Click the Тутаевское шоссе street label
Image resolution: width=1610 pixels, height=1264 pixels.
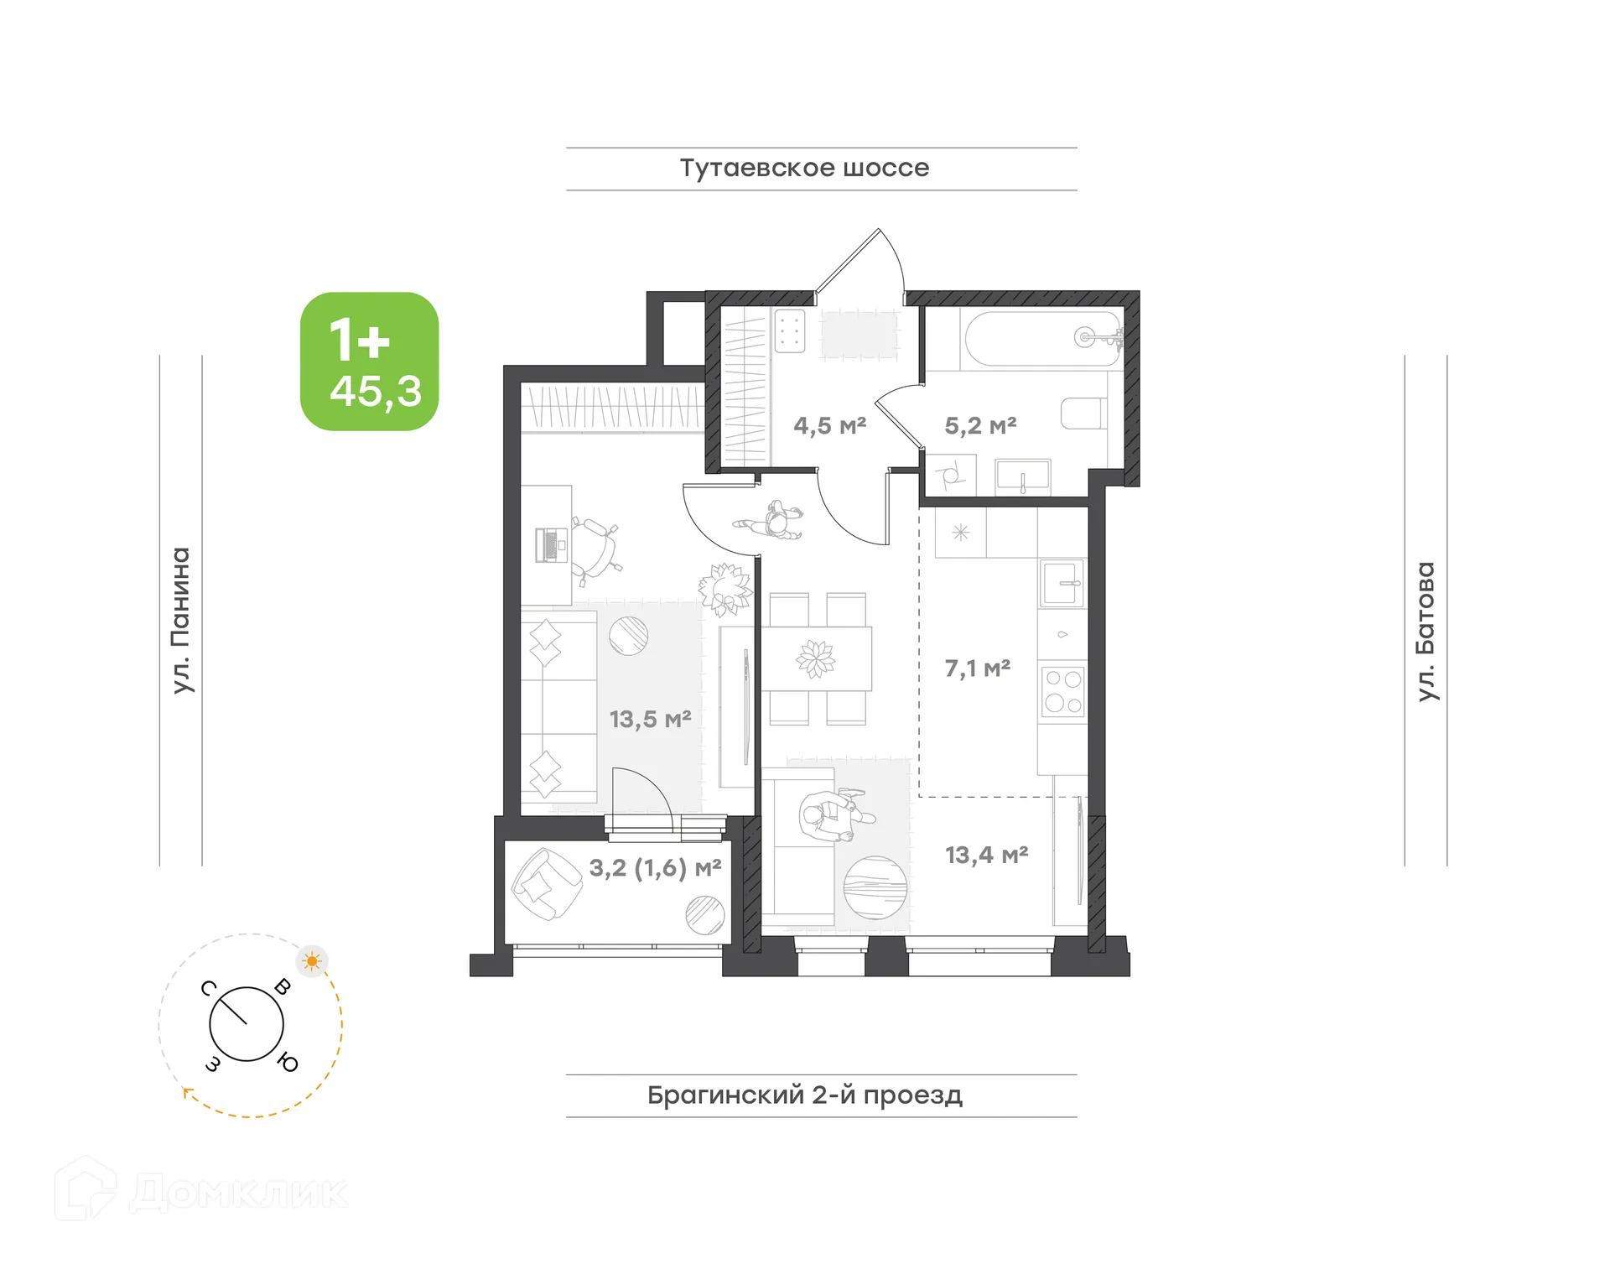click(x=804, y=169)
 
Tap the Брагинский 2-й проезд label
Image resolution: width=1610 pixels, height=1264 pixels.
click(x=804, y=1095)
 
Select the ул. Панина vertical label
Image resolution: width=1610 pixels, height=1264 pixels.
click(x=181, y=620)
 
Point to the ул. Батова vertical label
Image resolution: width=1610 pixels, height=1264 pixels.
click(x=1426, y=631)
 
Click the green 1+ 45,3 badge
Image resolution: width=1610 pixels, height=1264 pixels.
click(x=369, y=362)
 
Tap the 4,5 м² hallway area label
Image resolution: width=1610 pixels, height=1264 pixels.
click(x=829, y=426)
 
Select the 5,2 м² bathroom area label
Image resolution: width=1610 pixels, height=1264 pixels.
click(x=980, y=426)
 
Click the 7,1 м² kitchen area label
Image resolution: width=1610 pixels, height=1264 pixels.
click(x=977, y=668)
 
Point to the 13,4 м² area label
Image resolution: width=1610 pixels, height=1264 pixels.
click(x=986, y=855)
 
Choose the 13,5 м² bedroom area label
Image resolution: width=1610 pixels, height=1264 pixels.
click(x=650, y=720)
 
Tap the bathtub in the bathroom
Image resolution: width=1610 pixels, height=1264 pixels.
click(x=1042, y=339)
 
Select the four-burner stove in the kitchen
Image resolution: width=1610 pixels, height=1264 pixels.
click(x=1062, y=692)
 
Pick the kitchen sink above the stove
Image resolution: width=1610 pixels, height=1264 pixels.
click(x=1062, y=583)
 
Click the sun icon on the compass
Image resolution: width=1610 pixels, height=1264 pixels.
click(x=313, y=961)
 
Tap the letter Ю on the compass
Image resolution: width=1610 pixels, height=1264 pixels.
click(x=288, y=1063)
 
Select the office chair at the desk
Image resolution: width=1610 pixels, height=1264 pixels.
click(x=595, y=549)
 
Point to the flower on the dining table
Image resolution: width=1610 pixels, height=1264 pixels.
click(x=815, y=658)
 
